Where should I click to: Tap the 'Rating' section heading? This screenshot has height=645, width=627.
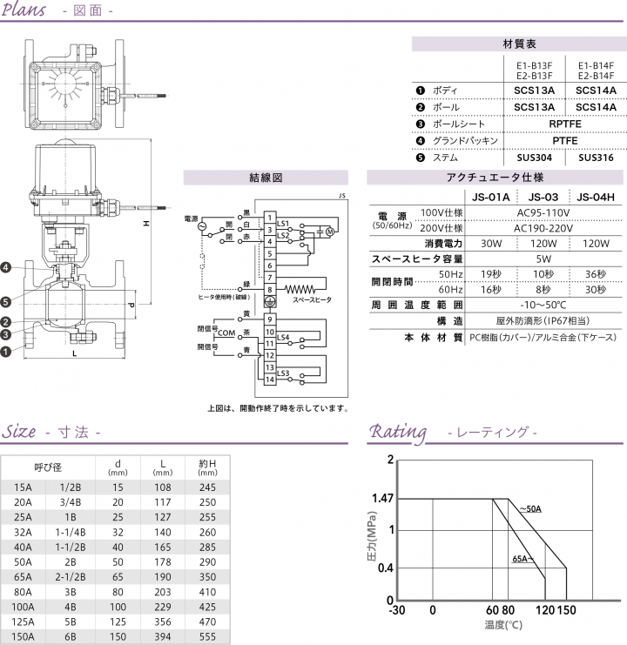point(398,432)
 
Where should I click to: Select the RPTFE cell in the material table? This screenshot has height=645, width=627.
point(564,124)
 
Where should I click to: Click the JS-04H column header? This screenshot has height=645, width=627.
point(596,197)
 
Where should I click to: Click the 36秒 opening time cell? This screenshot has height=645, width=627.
point(596,273)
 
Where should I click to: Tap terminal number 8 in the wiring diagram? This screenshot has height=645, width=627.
point(271,288)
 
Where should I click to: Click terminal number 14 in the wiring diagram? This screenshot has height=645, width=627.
point(271,380)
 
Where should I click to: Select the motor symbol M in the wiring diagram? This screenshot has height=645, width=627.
point(329,231)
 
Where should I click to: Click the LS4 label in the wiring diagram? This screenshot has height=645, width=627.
point(283,337)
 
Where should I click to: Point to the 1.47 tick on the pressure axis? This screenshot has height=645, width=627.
point(383,499)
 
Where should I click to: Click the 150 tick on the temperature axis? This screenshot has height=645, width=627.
point(567,610)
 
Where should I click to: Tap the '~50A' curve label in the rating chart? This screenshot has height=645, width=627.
point(530,508)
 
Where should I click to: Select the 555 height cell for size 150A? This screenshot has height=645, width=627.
point(207,637)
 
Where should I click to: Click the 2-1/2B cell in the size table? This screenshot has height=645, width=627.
point(71,576)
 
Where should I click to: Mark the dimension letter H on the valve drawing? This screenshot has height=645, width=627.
point(147,224)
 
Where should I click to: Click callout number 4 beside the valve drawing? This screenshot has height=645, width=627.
point(6,266)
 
